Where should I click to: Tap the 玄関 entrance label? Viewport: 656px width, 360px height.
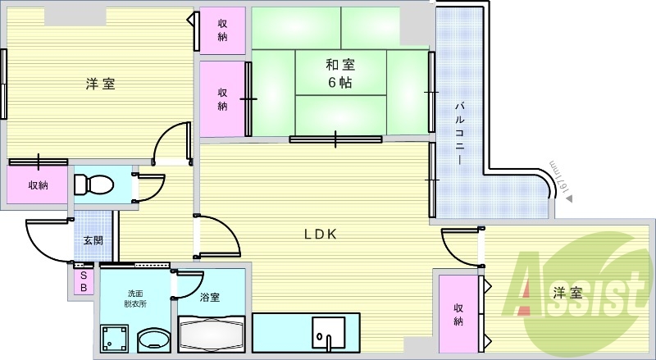[x=93, y=241]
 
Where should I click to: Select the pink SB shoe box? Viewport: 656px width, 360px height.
[x=82, y=282]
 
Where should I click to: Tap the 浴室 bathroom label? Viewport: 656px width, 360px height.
[x=210, y=298]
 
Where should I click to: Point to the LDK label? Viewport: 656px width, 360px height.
[x=321, y=234]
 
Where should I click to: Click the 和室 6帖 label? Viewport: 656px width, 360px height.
[x=339, y=73]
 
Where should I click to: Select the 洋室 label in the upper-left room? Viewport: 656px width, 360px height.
[x=100, y=84]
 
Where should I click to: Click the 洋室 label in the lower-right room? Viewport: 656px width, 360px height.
[x=567, y=292]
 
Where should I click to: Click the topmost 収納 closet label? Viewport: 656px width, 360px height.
[x=223, y=30]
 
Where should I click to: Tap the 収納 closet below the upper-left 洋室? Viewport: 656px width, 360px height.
[x=38, y=185]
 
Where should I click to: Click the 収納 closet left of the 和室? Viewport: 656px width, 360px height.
[x=223, y=99]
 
